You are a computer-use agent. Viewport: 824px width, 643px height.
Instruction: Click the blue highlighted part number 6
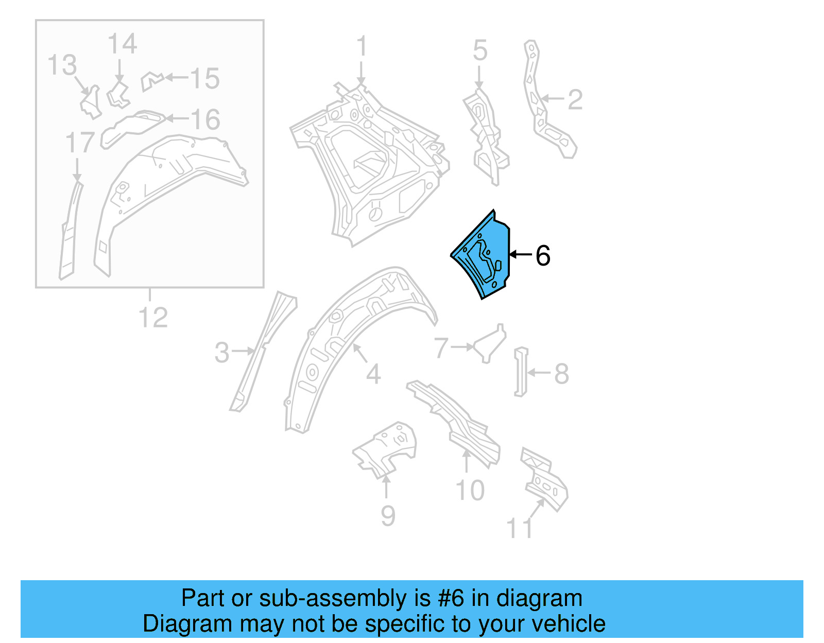coord(484,257)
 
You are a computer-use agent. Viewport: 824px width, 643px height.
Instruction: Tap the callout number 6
coord(543,255)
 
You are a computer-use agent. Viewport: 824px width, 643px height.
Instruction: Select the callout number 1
coord(362,46)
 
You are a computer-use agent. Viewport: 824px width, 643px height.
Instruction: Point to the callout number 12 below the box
coord(153,318)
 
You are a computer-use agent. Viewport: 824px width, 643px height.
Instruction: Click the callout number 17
coord(80,143)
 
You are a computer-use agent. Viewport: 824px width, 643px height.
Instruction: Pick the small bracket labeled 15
coord(151,81)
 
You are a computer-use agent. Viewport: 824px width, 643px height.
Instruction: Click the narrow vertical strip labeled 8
coord(521,372)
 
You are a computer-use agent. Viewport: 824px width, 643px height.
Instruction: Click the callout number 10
coord(470,490)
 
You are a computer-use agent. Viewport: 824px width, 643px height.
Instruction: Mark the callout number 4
coord(373,374)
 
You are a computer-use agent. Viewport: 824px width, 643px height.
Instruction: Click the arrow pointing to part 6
coord(520,254)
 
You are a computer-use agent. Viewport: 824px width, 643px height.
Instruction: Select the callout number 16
coord(205,119)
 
